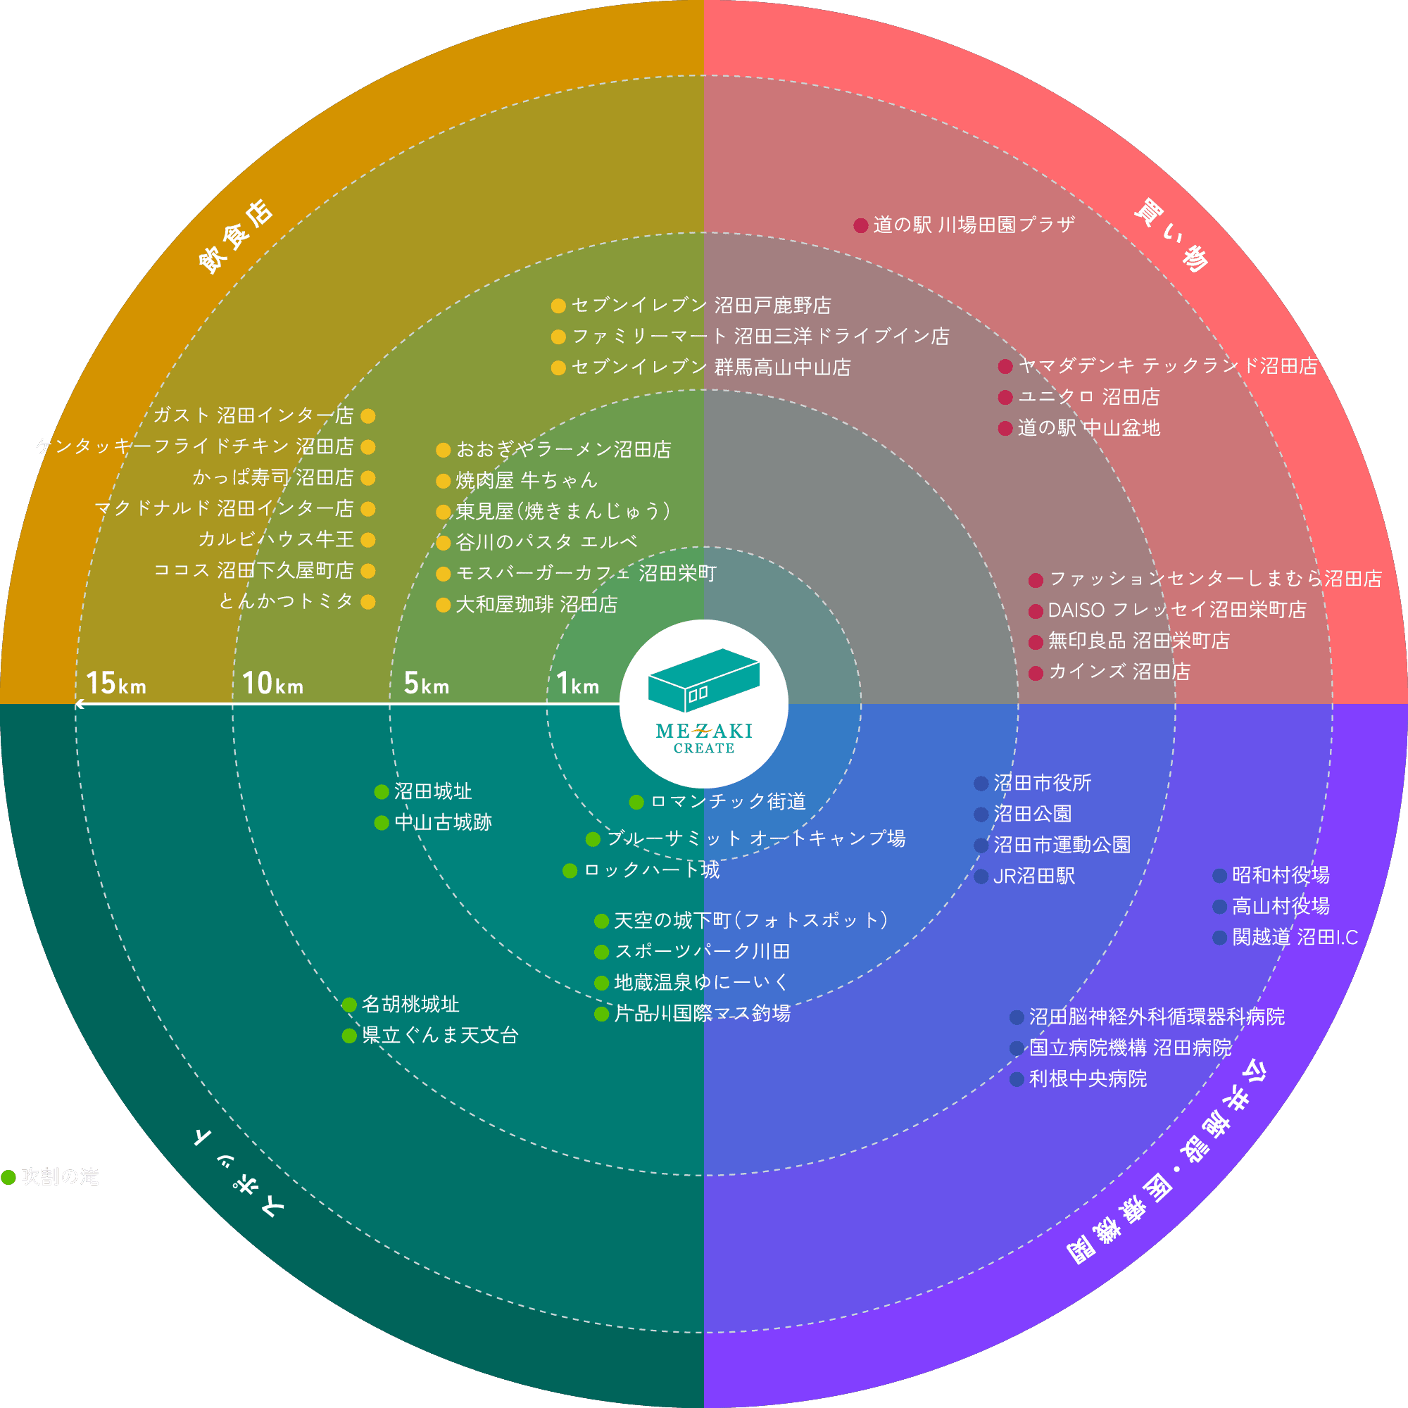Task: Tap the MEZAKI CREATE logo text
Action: click(x=703, y=737)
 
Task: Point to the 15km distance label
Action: click(x=116, y=684)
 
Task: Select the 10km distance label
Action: click(x=272, y=684)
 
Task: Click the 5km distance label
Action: click(x=427, y=684)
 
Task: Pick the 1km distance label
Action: click(x=577, y=684)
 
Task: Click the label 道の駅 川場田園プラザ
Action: click(x=974, y=225)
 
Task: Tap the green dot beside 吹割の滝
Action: click(x=8, y=1177)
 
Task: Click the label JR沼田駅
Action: click(x=1034, y=876)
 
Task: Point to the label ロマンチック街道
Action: click(x=728, y=802)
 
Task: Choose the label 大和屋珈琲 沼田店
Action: click(x=536, y=605)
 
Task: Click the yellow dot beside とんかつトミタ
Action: click(x=368, y=602)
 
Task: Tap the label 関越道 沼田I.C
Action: click(x=1295, y=937)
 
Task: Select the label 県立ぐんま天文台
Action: click(x=440, y=1036)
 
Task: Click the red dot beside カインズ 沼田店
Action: click(x=1036, y=672)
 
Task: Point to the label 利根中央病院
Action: click(x=1088, y=1079)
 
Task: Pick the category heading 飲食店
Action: click(x=235, y=237)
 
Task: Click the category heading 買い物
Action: click(x=1171, y=236)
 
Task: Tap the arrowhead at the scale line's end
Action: click(x=79, y=704)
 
